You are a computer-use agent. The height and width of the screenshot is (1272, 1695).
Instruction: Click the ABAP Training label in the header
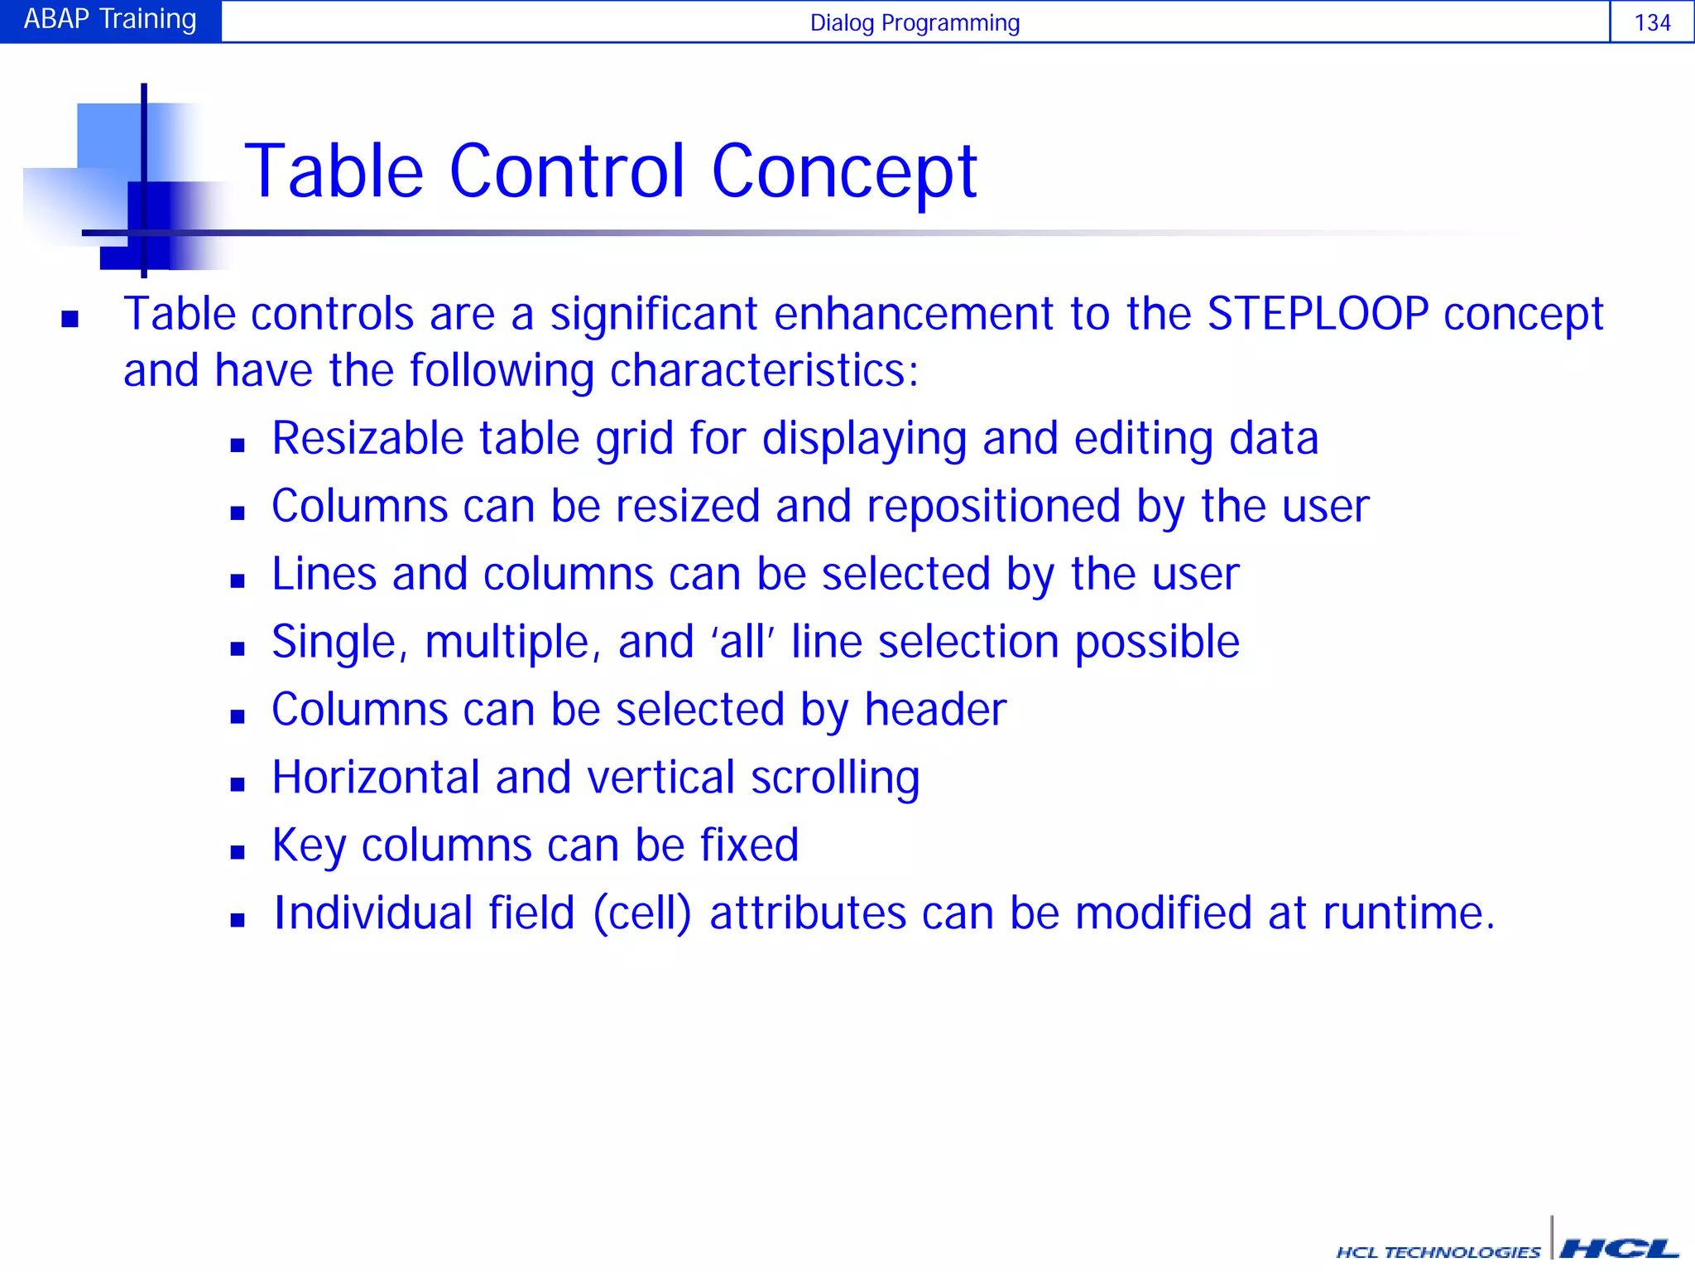pyautogui.click(x=110, y=20)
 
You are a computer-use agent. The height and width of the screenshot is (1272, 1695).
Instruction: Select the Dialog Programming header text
pyautogui.click(x=915, y=22)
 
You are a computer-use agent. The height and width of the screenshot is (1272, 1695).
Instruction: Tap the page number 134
pyautogui.click(x=1652, y=22)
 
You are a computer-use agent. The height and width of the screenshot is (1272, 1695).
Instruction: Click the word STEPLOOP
pyautogui.click(x=1318, y=314)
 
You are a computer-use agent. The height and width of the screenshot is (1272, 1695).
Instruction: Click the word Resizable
pyautogui.click(x=367, y=438)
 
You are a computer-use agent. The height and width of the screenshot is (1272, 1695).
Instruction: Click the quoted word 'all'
pyautogui.click(x=742, y=642)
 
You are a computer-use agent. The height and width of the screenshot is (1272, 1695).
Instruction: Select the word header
pyautogui.click(x=935, y=710)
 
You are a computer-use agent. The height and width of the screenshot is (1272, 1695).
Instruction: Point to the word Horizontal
pyautogui.click(x=376, y=778)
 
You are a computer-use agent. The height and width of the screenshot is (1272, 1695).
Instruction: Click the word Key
pyautogui.click(x=309, y=846)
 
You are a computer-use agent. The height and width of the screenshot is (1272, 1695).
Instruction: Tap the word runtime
pyautogui.click(x=1408, y=913)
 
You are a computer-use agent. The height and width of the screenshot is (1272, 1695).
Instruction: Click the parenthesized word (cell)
pyautogui.click(x=642, y=913)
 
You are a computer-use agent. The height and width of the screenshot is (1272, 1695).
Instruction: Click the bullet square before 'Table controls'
pyautogui.click(x=70, y=319)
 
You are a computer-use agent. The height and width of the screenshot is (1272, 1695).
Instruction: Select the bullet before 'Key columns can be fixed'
pyautogui.click(x=238, y=851)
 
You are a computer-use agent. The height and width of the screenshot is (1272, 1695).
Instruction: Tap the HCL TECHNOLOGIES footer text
pyautogui.click(x=1438, y=1252)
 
